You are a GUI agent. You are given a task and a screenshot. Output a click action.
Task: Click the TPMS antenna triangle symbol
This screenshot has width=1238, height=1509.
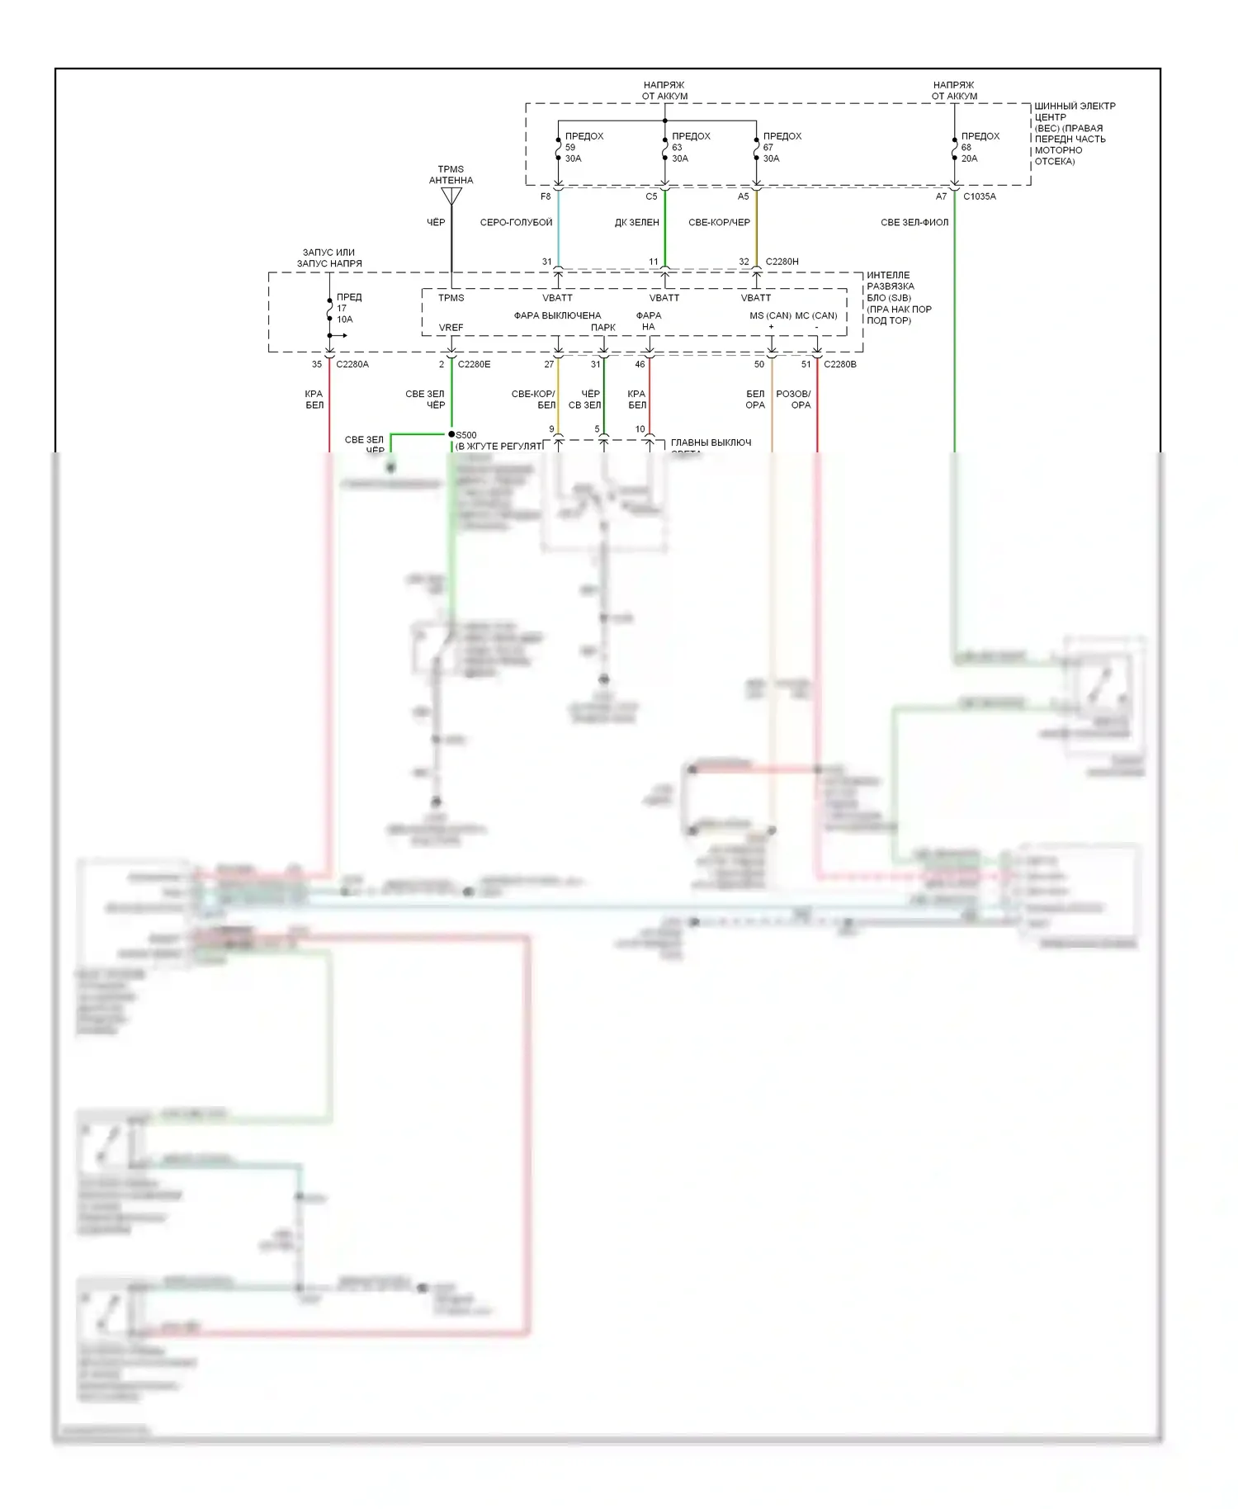451,196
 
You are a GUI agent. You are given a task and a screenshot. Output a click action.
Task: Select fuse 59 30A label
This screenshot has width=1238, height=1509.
584,147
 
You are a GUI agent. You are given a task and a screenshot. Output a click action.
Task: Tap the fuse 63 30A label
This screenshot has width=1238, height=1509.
690,147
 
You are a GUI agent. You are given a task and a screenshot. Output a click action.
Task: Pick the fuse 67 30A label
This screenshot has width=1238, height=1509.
781,147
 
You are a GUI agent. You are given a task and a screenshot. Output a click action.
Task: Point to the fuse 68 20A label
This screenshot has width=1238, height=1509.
979,147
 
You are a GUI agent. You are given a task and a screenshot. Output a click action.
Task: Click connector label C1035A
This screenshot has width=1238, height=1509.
980,196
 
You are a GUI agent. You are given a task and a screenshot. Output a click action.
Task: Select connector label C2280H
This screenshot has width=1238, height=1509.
782,262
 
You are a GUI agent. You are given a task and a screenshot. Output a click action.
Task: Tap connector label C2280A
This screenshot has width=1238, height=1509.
352,364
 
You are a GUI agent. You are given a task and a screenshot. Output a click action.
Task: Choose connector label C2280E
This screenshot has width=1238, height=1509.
474,364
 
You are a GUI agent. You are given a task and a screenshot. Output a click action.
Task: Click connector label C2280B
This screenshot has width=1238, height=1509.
840,364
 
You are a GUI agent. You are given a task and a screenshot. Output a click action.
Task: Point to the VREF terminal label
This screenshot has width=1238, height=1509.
451,328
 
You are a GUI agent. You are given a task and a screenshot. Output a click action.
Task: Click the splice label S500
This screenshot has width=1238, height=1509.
466,435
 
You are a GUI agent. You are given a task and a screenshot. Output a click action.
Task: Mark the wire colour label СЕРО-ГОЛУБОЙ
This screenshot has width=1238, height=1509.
516,223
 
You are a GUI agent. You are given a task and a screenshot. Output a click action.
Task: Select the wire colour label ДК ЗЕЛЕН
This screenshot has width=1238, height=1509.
636,223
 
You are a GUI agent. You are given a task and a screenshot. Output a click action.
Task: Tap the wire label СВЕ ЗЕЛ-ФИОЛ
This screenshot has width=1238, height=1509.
914,223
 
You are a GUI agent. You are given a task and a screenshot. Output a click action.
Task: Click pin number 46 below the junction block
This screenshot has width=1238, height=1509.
640,364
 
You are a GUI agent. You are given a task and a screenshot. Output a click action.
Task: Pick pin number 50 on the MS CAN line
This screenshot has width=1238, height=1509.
759,364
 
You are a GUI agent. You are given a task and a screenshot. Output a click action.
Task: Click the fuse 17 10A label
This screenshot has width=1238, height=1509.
348,308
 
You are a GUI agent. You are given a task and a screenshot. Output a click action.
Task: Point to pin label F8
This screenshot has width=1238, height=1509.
546,196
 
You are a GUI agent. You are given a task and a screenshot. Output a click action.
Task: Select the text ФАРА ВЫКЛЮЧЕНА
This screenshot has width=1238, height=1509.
557,315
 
